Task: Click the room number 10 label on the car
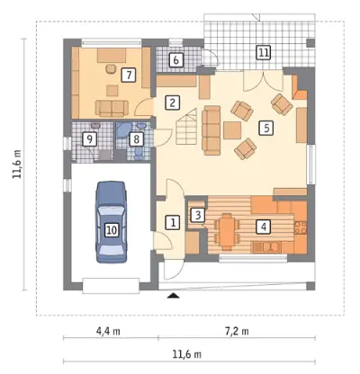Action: (x=112, y=230)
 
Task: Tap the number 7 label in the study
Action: (x=129, y=75)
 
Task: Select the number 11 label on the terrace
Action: (x=264, y=53)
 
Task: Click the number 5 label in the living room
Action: (x=266, y=129)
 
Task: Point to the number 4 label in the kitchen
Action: (x=264, y=227)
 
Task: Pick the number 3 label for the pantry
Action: (x=198, y=215)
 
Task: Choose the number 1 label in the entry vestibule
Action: (x=173, y=222)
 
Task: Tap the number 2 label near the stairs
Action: (x=172, y=102)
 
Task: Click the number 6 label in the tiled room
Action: (x=175, y=60)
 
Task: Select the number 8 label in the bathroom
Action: (x=136, y=139)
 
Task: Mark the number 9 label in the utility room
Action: (x=90, y=139)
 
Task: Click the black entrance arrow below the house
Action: (x=173, y=296)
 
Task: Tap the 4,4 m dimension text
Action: (x=108, y=332)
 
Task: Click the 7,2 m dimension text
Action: (x=237, y=332)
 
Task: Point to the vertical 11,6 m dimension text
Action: (x=17, y=165)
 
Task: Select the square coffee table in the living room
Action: (x=232, y=130)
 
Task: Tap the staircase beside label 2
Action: (x=186, y=126)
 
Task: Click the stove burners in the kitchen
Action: (x=301, y=227)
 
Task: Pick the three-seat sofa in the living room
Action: (x=211, y=130)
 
